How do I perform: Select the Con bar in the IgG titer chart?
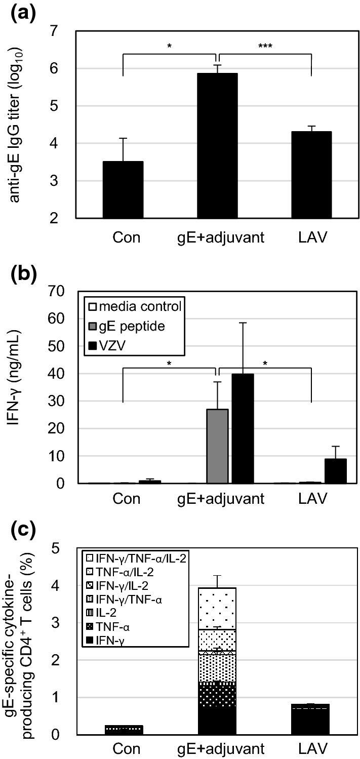[x=123, y=190]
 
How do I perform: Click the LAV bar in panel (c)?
[x=311, y=718]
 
